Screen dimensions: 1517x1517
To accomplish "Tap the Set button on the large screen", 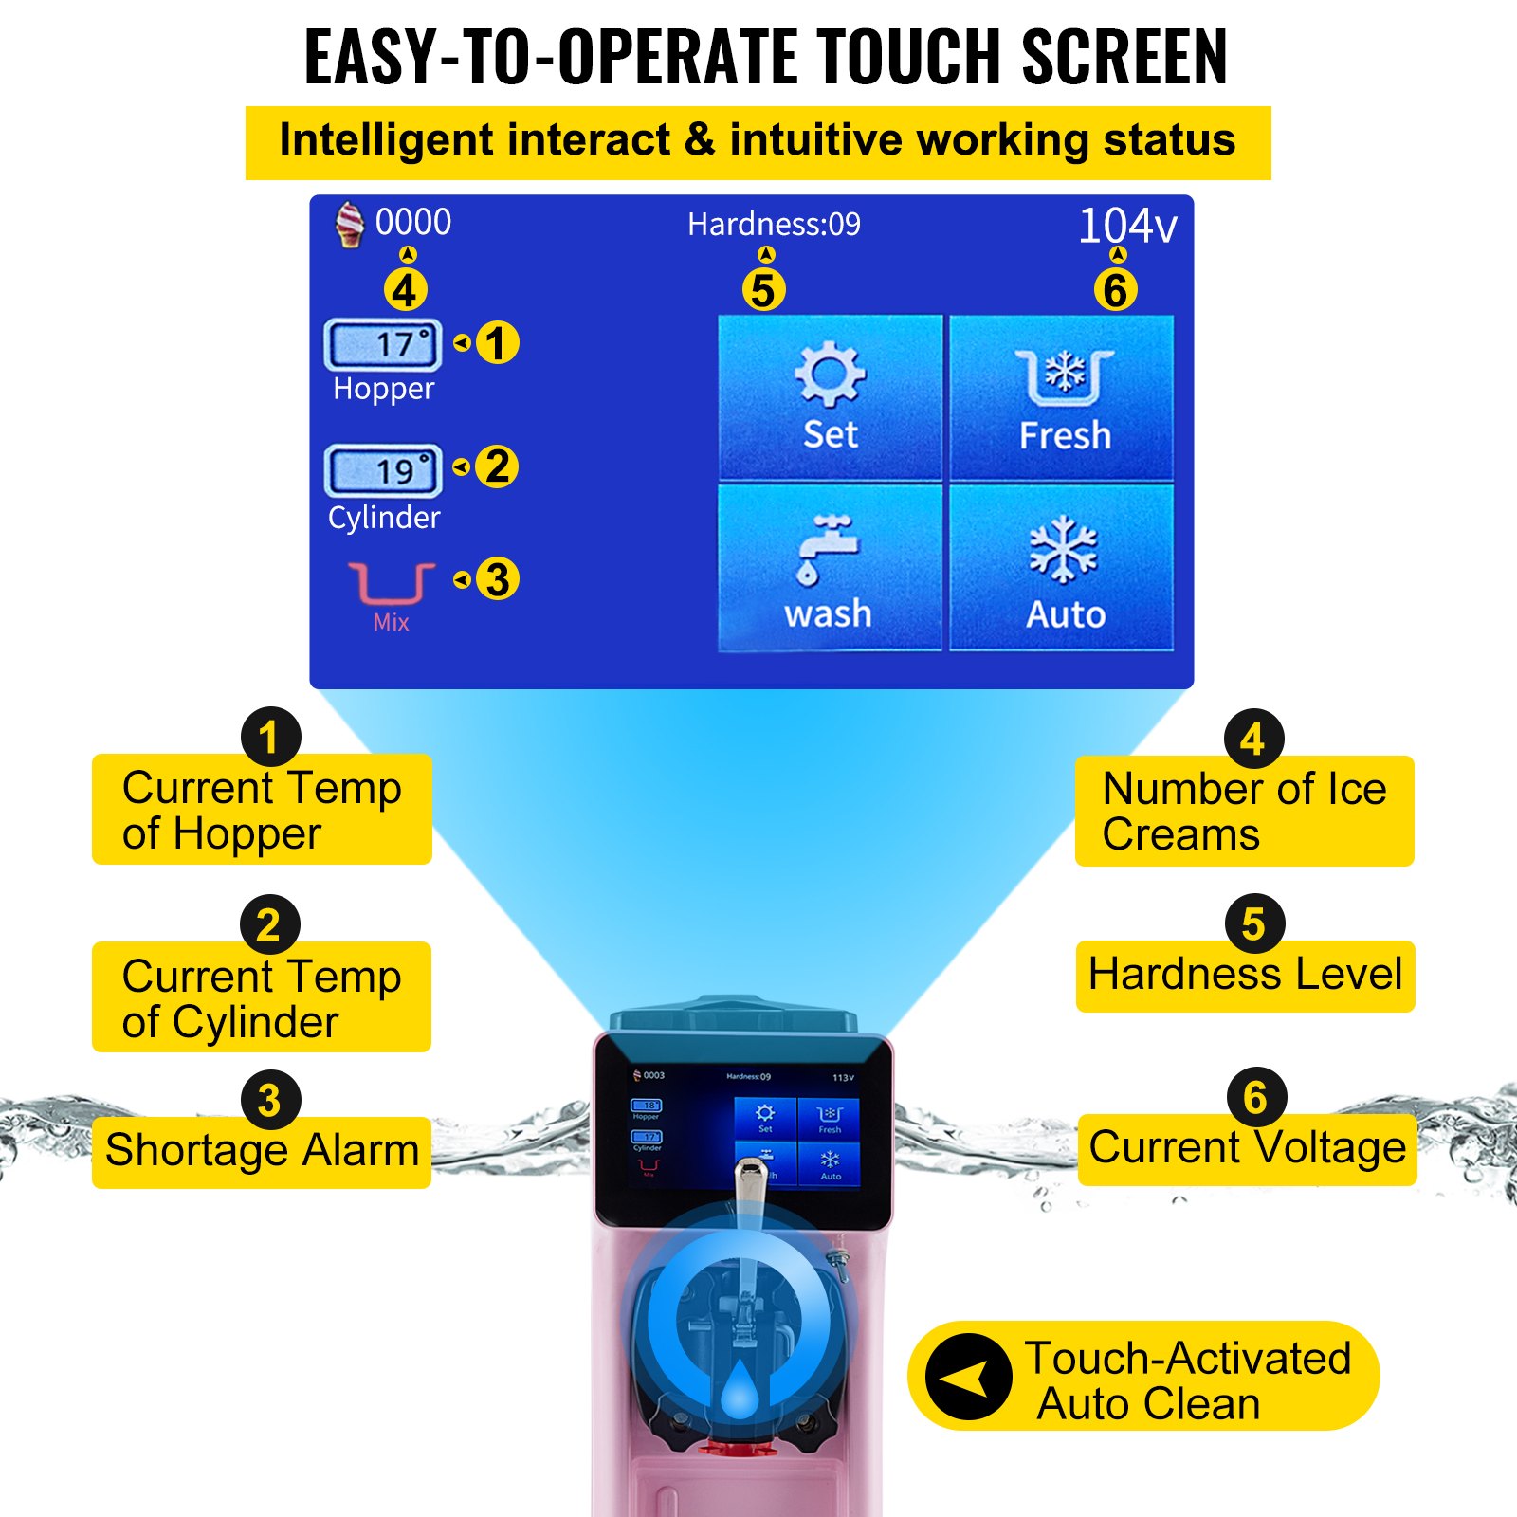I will (x=830, y=397).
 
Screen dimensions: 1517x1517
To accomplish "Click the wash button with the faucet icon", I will (x=830, y=568).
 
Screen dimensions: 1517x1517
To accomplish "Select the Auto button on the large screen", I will (x=1063, y=568).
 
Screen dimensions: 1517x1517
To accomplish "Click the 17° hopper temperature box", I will (x=383, y=344).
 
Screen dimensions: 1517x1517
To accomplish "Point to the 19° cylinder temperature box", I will (x=383, y=470).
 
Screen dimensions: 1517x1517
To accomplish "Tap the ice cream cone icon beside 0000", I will (x=350, y=225).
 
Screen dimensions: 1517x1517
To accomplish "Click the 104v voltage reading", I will (x=1127, y=226).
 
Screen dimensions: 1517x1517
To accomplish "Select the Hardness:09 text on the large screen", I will (x=774, y=225).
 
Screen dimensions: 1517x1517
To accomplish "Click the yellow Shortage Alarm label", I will (x=262, y=1151).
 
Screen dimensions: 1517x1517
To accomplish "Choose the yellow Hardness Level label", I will (x=1245, y=975).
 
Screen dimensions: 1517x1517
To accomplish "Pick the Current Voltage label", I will (x=1247, y=1148).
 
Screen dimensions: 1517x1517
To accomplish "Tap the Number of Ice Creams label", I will (x=1244, y=812).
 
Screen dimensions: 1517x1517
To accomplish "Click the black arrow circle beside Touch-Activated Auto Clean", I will (x=968, y=1377).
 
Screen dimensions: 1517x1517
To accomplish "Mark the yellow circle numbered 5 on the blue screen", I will (x=764, y=290).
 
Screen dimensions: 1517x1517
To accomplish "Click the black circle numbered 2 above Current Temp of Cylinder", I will (x=269, y=925).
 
